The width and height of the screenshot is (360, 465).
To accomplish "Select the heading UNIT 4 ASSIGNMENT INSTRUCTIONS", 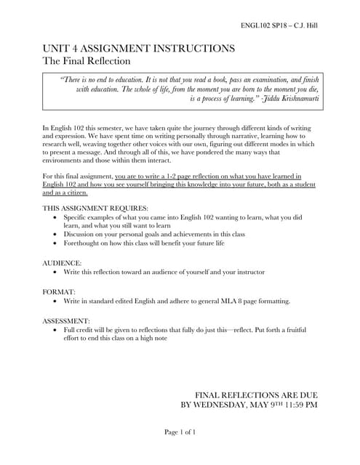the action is [x=138, y=49].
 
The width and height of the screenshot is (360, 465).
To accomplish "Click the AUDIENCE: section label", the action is [x=62, y=261].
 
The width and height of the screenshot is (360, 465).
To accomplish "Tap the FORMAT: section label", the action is [x=59, y=291].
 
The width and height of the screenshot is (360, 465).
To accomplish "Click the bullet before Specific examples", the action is [x=57, y=217].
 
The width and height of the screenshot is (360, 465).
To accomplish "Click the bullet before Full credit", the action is [x=57, y=329].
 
